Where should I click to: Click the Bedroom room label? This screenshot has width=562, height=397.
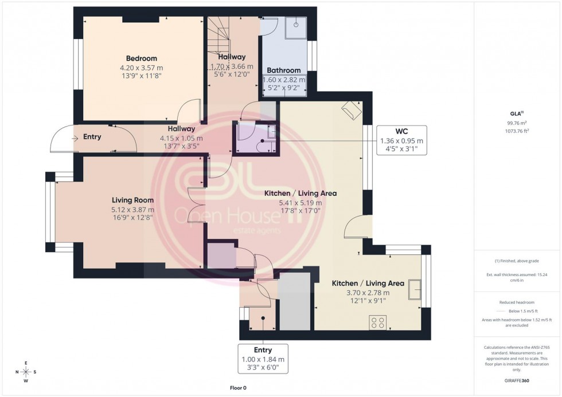tap(141, 58)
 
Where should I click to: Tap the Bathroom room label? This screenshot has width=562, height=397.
tap(284, 70)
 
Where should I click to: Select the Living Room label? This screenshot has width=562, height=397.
tap(132, 200)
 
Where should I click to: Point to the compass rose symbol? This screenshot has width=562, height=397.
tap(25, 372)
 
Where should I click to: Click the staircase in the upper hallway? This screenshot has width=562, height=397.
tap(218, 34)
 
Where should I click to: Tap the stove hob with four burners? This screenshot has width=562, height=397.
tap(378, 322)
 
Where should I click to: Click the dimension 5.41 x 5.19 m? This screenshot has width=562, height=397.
tap(300, 203)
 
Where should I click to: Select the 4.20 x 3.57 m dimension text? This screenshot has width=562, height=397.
tap(141, 67)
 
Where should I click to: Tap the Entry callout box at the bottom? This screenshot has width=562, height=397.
tap(263, 359)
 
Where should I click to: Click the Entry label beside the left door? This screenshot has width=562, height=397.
tap(92, 137)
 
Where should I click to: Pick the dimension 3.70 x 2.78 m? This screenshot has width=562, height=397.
tap(368, 293)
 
